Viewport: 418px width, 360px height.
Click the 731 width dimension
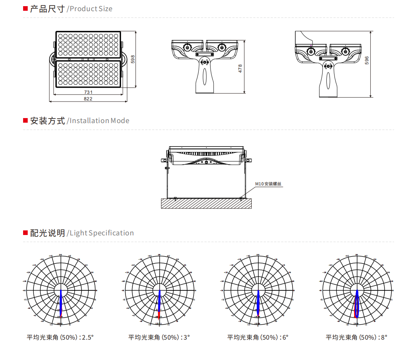point(88,92)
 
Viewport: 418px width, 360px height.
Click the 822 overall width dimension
point(88,99)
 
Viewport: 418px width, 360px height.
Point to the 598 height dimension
point(133,59)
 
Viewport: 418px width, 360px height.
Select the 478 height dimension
point(241,68)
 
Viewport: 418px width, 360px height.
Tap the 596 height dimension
point(367,60)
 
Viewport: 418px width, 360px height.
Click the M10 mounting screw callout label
point(269,184)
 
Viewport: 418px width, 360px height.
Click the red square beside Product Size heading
point(25,8)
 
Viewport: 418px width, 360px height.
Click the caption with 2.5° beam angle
point(60,337)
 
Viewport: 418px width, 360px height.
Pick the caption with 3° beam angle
point(159,337)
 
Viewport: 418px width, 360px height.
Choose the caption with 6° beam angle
point(258,337)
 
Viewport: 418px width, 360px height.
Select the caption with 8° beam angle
point(356,337)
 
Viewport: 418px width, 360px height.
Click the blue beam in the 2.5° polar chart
point(60,304)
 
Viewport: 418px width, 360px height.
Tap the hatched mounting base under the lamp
point(206,203)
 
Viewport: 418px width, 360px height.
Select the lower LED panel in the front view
point(88,74)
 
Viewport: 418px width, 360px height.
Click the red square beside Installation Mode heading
point(25,120)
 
